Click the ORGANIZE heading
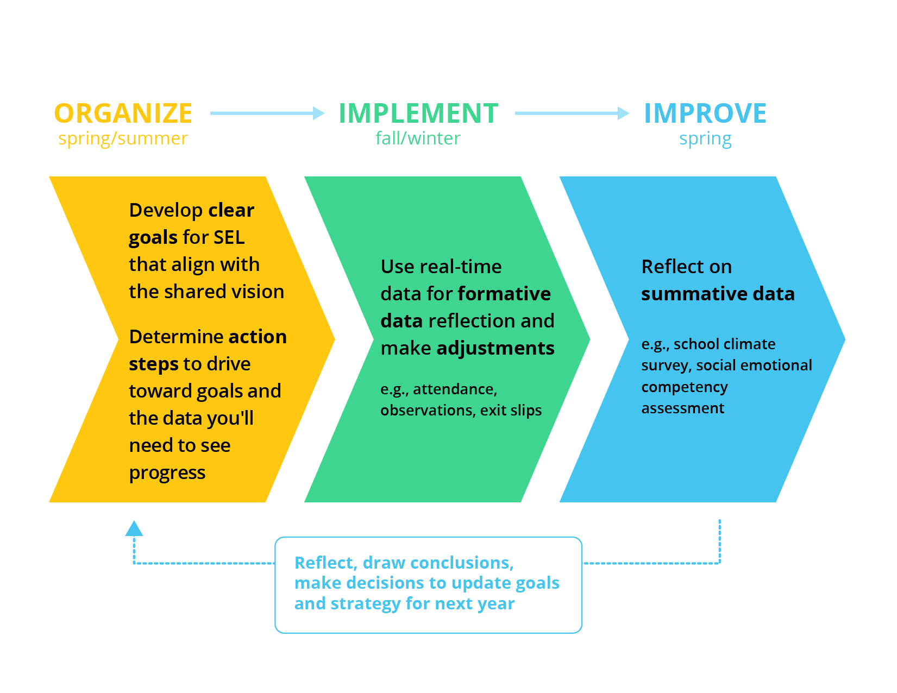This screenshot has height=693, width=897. click(123, 114)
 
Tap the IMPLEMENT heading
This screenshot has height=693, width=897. click(418, 114)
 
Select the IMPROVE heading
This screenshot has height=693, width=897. click(705, 114)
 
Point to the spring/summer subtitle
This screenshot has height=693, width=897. click(123, 138)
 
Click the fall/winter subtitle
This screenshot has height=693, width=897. click(418, 138)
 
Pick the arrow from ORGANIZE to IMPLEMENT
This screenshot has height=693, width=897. click(267, 113)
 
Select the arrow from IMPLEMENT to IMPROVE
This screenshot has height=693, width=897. click(572, 113)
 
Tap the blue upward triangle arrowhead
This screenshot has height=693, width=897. click(134, 528)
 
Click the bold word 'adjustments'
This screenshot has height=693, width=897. click(495, 348)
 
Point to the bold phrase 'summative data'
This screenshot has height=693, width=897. click(718, 294)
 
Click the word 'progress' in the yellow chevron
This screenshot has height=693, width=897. click(167, 473)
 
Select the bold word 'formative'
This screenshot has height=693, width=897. click(504, 294)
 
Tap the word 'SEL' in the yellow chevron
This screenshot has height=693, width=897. click(229, 237)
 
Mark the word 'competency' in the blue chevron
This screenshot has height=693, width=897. click(685, 387)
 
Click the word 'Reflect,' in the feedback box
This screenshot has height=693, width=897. click(325, 563)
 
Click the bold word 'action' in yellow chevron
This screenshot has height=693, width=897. click(258, 337)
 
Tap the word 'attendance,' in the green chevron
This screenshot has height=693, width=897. click(455, 389)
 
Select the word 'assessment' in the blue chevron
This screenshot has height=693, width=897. click(683, 408)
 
